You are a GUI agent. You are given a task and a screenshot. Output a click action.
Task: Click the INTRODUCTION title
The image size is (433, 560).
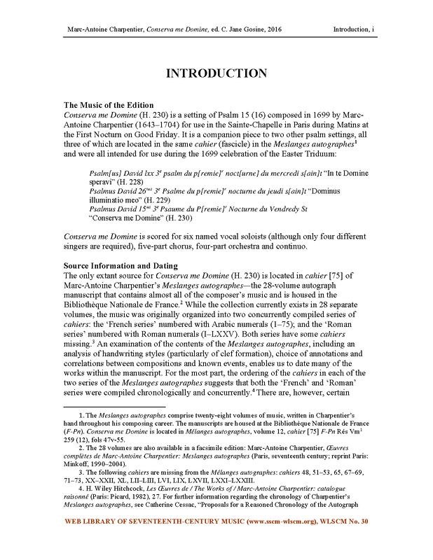[x=216, y=73]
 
